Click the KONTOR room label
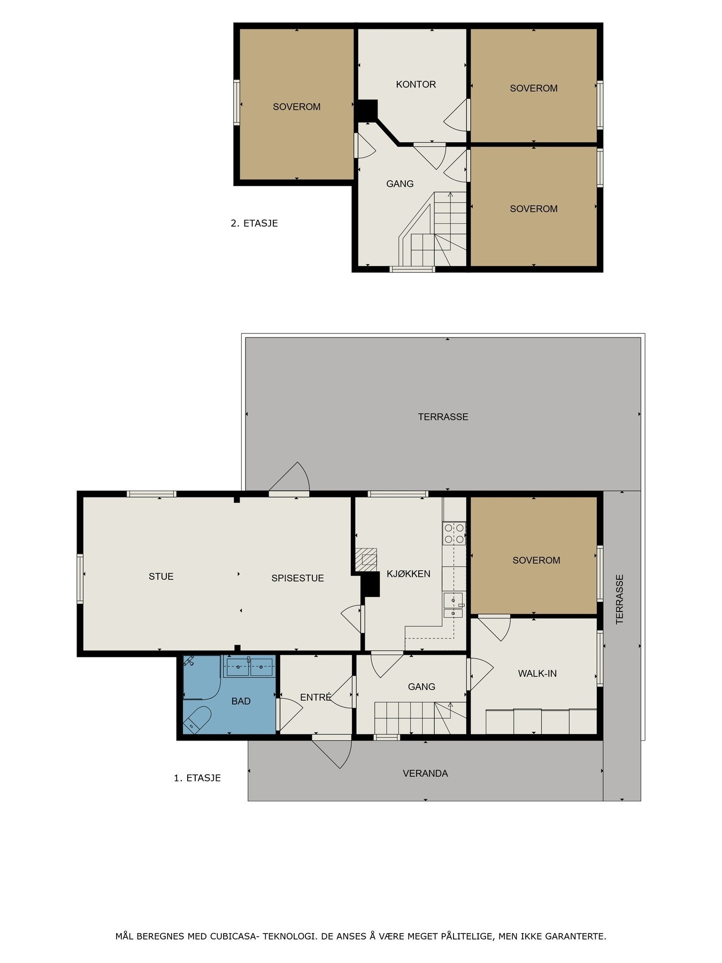(x=416, y=85)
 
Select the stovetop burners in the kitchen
(x=454, y=533)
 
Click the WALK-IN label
(x=537, y=674)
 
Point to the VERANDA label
(x=425, y=773)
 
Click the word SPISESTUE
(x=297, y=578)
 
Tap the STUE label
(x=161, y=576)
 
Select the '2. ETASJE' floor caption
(x=254, y=223)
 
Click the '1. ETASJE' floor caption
(x=197, y=778)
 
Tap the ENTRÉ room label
(x=316, y=697)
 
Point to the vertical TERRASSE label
(x=620, y=599)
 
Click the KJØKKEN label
(x=408, y=574)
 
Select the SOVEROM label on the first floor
(x=536, y=560)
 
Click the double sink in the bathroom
(x=249, y=667)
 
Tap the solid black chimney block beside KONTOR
(x=367, y=111)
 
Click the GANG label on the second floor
(x=400, y=184)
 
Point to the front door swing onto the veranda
(x=334, y=752)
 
